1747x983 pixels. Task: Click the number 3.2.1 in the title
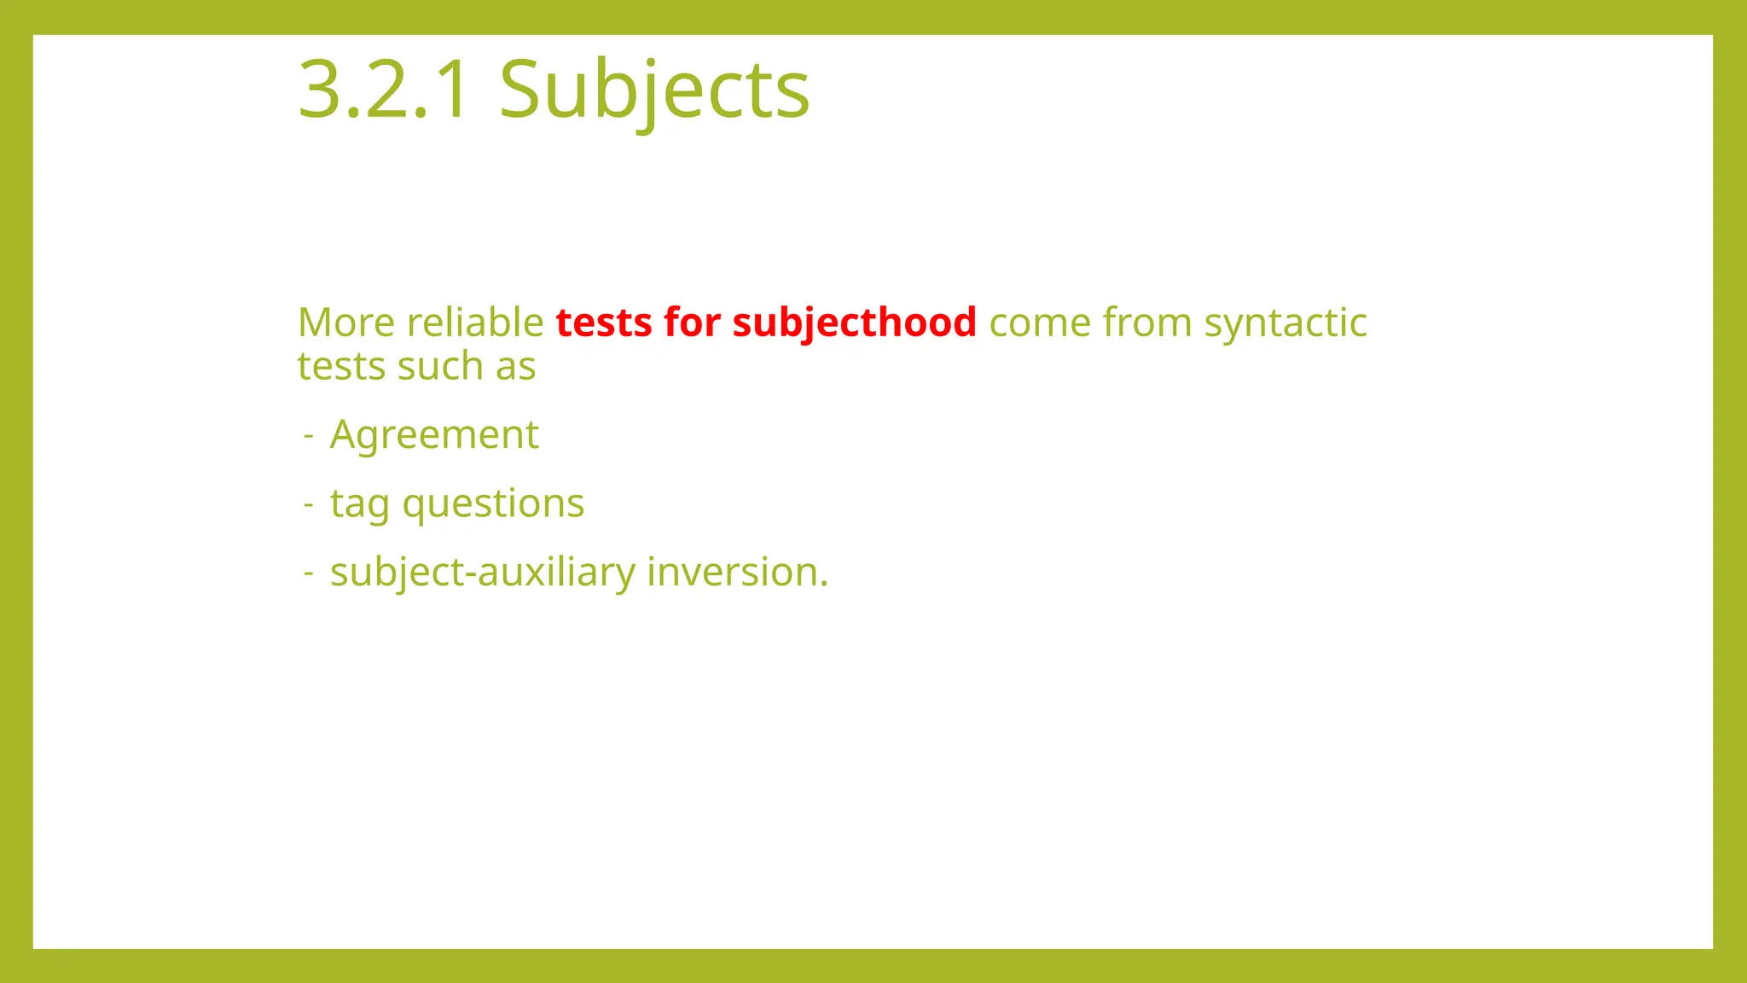[x=383, y=90]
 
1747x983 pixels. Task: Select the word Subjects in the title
[x=653, y=90]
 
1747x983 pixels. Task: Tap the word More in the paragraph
[x=346, y=323]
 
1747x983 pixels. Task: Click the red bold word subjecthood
[x=854, y=323]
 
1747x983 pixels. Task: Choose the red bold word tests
[x=603, y=323]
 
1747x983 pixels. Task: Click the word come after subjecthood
[x=1040, y=323]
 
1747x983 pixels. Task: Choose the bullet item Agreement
[x=434, y=435]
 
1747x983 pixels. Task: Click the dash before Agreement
[x=309, y=436]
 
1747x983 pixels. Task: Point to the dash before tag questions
[x=309, y=504]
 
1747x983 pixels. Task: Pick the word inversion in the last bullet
[x=737, y=573]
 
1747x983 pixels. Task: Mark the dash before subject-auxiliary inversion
[x=309, y=573]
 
